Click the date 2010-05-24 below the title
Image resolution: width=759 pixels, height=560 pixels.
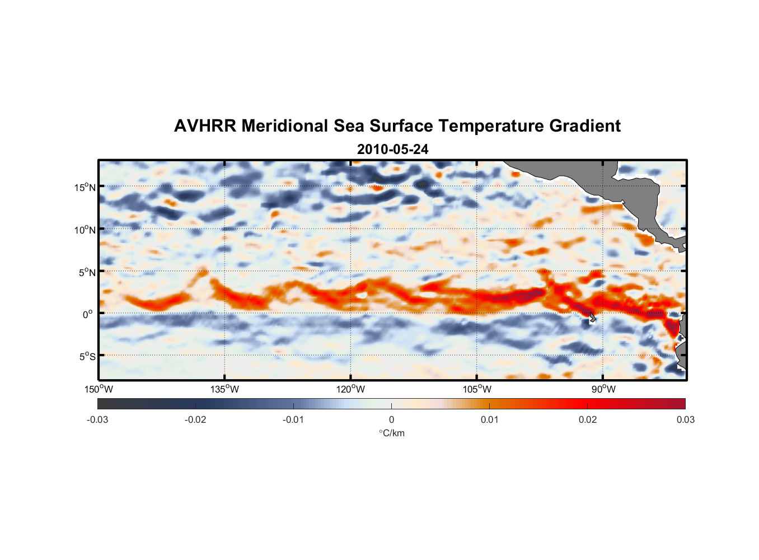[392, 150]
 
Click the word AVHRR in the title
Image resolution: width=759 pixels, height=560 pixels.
[204, 126]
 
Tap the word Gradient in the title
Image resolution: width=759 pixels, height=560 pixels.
[585, 126]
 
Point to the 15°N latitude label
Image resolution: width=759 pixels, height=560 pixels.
[85, 188]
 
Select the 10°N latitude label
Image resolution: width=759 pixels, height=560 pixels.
[85, 230]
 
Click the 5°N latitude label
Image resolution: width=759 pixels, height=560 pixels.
[87, 273]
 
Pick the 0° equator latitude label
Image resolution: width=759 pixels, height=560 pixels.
[88, 315]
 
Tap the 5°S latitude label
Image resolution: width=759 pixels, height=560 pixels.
[87, 357]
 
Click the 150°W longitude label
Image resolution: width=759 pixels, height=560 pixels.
[99, 389]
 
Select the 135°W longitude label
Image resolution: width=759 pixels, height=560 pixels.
[225, 389]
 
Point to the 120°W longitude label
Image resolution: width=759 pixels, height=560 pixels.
[351, 389]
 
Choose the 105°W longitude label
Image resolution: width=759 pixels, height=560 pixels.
[477, 389]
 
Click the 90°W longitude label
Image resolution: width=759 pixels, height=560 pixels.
[603, 389]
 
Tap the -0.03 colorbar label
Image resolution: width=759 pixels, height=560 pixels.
[97, 419]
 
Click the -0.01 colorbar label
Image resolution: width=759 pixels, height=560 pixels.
[293, 419]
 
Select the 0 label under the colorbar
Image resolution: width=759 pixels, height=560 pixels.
[391, 419]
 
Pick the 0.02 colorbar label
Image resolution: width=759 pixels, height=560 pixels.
[587, 419]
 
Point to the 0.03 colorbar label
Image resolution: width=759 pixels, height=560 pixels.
[685, 419]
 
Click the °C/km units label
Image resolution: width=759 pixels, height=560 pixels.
[392, 433]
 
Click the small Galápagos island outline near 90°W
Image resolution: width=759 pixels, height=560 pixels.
[592, 318]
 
